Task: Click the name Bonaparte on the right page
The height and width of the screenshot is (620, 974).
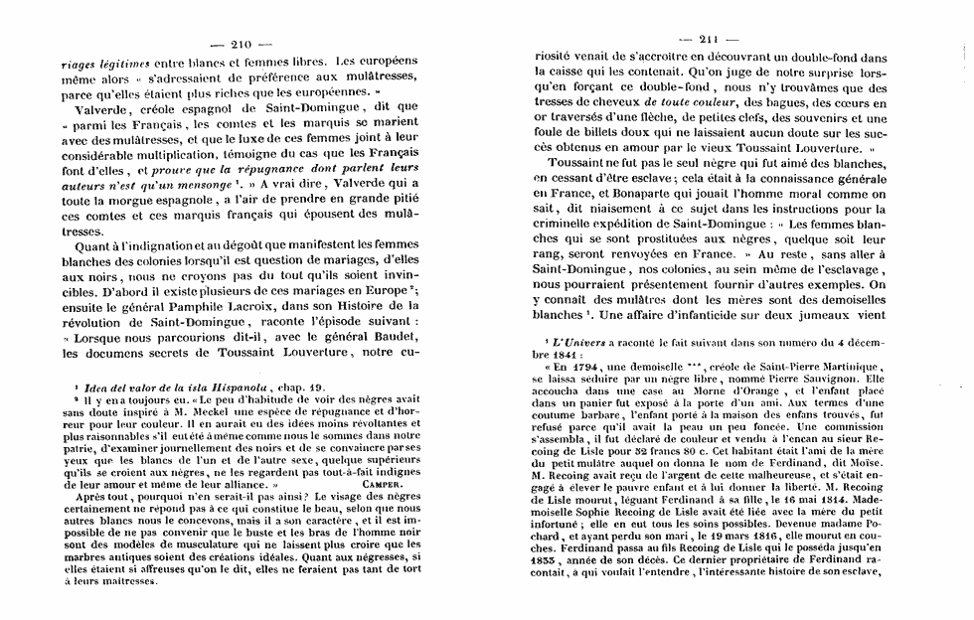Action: pos(642,199)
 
